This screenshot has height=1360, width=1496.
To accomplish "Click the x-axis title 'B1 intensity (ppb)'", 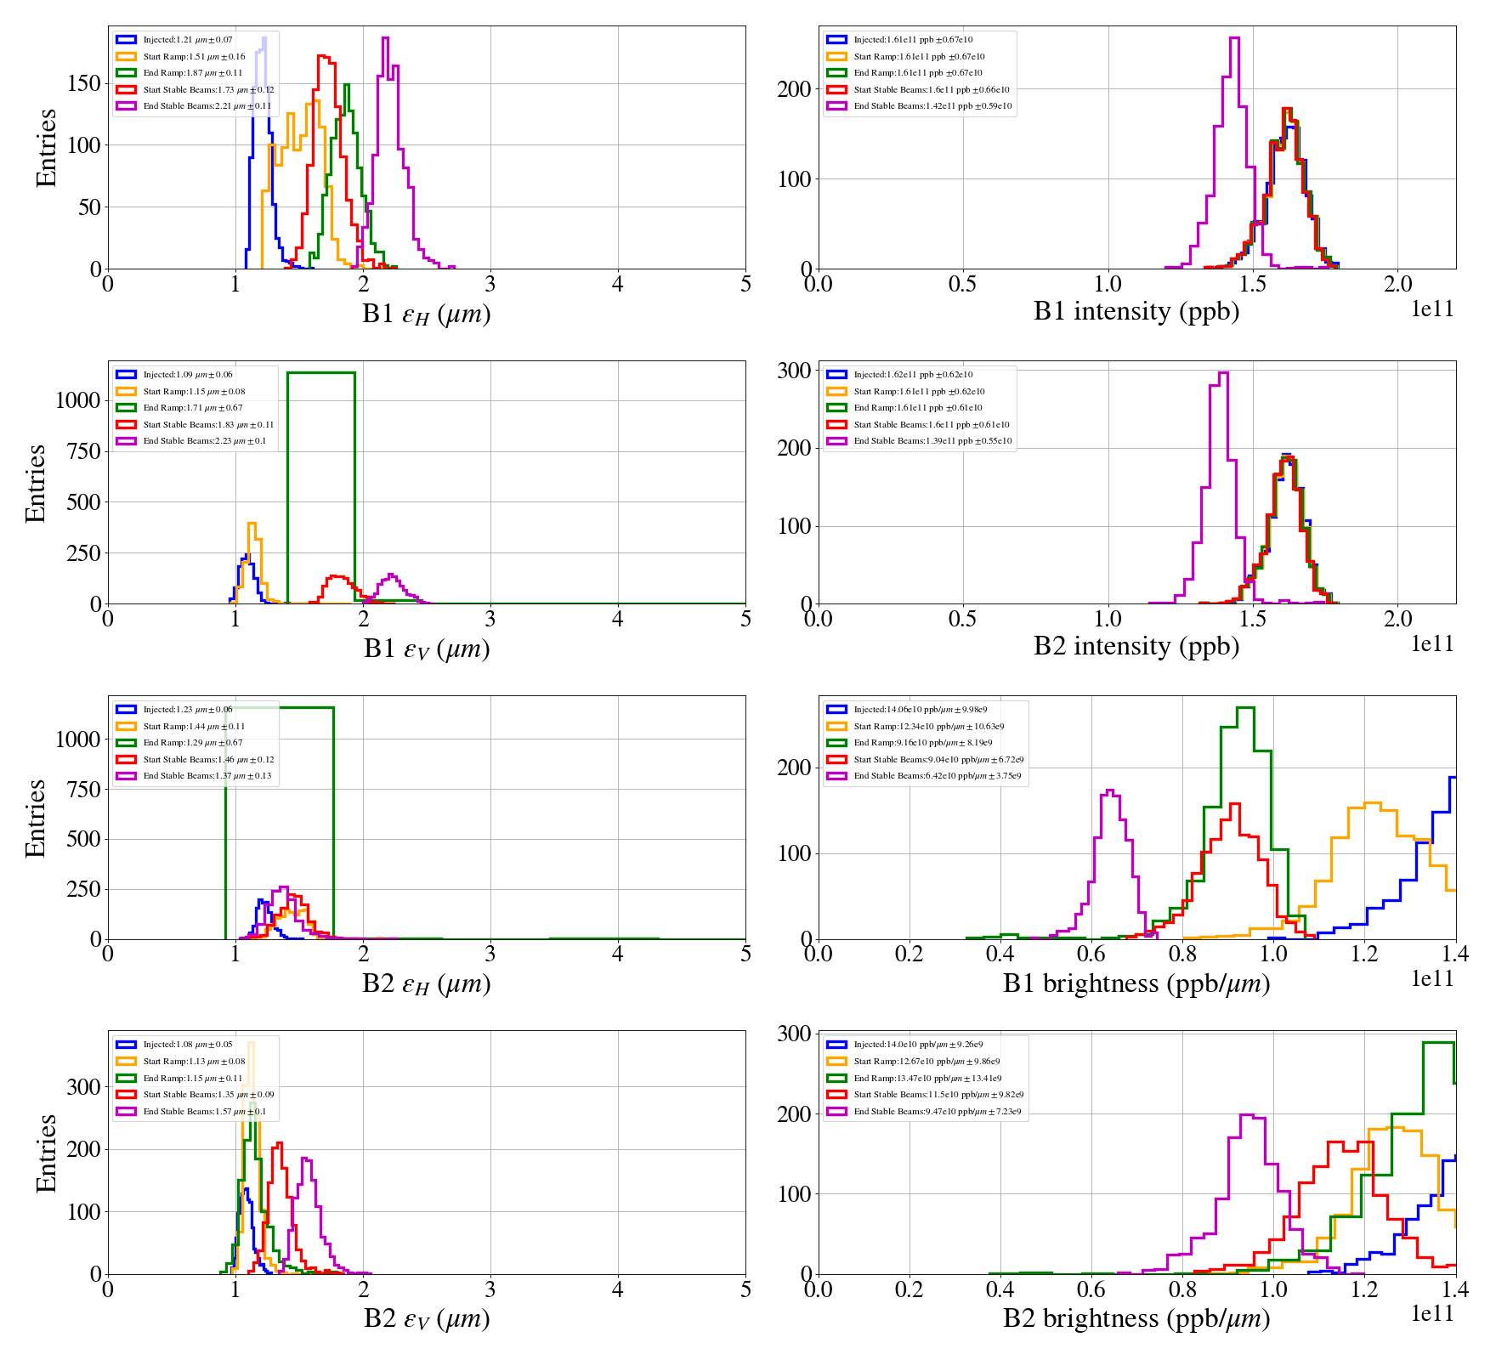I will point(1136,312).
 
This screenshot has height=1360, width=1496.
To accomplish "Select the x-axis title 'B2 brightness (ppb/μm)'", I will point(1136,1318).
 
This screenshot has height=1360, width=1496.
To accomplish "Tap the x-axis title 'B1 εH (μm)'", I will point(426,314).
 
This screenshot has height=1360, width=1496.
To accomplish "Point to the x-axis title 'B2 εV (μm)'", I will point(426,1318).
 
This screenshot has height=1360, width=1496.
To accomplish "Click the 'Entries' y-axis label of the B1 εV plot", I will point(36,483).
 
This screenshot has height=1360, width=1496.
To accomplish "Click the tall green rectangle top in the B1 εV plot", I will point(321,372).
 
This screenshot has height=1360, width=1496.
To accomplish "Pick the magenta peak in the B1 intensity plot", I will point(1234,38).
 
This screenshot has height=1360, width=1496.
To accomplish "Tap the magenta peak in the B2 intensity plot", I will point(1223,373).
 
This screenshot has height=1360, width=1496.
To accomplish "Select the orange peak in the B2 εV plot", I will point(250,1043).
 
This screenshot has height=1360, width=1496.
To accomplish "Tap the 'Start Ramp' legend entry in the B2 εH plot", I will point(194,727).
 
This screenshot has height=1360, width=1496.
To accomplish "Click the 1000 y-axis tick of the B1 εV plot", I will point(77,400).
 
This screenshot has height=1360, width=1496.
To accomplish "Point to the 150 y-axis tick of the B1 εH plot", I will point(83,83).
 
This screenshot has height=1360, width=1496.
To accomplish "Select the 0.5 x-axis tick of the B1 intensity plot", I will point(962,285).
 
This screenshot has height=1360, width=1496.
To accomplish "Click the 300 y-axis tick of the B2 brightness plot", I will point(794,1034).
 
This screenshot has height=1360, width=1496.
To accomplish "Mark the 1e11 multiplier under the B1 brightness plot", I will point(1432,979).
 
